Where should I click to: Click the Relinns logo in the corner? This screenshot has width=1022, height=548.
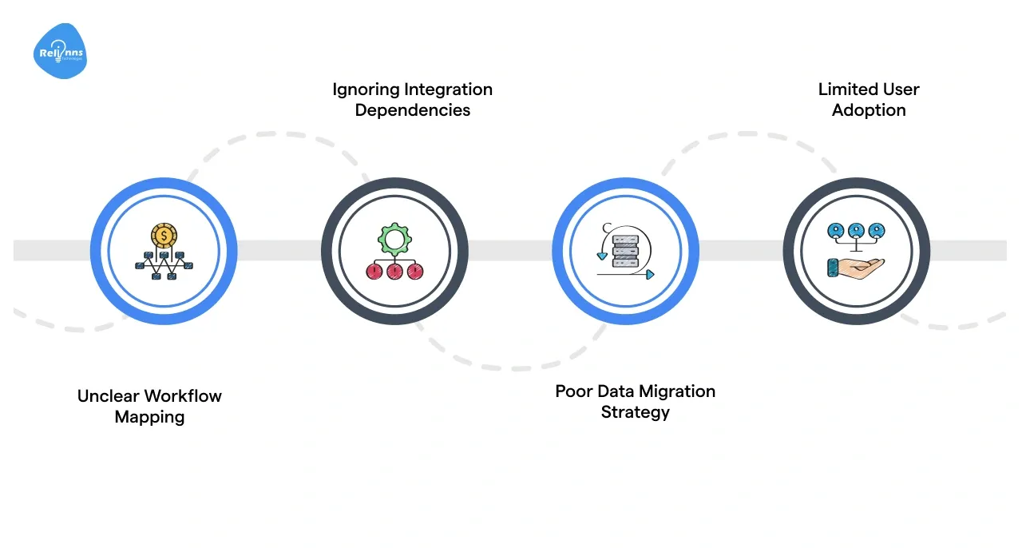[x=59, y=52]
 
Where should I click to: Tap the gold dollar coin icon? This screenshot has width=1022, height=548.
[x=164, y=235]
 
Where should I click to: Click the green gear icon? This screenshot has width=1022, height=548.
[x=394, y=238]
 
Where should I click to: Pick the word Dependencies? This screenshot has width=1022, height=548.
[x=412, y=110]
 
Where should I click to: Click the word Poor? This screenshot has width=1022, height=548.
[x=573, y=391]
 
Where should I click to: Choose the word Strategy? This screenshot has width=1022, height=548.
[x=635, y=412]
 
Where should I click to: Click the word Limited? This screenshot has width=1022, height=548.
[x=846, y=89]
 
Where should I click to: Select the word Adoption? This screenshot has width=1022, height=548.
[x=869, y=110]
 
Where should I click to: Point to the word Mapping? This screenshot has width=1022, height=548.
[x=149, y=417]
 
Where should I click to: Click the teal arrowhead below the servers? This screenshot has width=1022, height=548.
[x=650, y=275]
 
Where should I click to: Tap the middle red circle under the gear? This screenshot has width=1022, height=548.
[x=394, y=272]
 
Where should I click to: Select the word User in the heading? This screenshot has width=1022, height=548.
[x=900, y=89]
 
